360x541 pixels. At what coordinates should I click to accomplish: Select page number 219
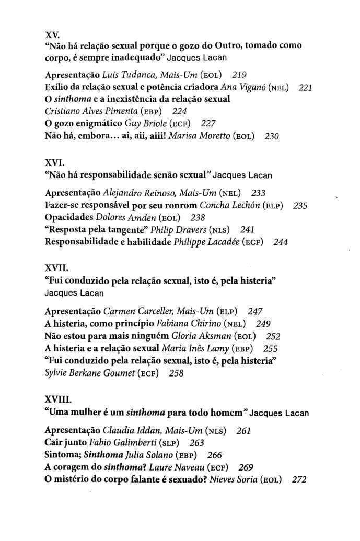click(239, 75)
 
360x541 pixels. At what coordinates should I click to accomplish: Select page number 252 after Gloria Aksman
click(273, 337)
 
